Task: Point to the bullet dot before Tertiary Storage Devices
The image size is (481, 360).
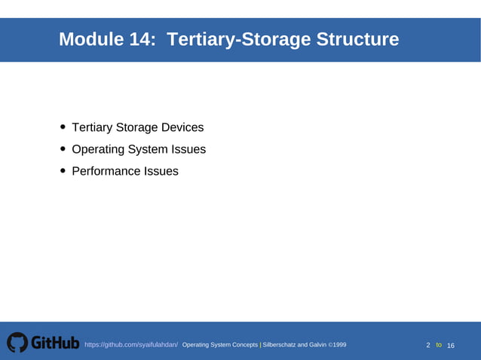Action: (63, 128)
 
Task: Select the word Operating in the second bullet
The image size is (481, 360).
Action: (99, 149)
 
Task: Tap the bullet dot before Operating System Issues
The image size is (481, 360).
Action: (63, 149)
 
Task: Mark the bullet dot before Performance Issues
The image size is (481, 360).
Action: (63, 171)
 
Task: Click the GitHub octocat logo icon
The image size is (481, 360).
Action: (17, 343)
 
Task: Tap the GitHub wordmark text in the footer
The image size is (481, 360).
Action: (55, 343)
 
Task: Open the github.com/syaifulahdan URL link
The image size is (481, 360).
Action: (131, 345)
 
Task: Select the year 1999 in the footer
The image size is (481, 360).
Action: (339, 345)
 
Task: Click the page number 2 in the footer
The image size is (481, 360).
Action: (428, 345)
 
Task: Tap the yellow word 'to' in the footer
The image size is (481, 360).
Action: (439, 345)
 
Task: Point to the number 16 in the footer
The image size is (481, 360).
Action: (451, 345)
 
